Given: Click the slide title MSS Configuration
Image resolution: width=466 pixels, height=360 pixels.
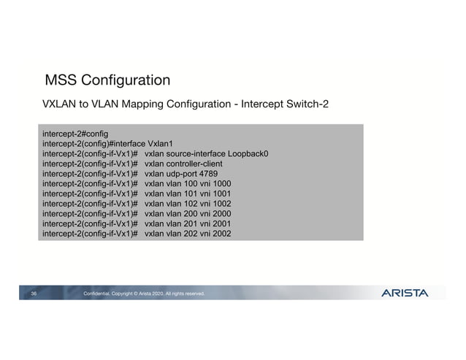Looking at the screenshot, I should coord(107,80).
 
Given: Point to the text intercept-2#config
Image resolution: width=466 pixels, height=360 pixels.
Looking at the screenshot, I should coord(75,134).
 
